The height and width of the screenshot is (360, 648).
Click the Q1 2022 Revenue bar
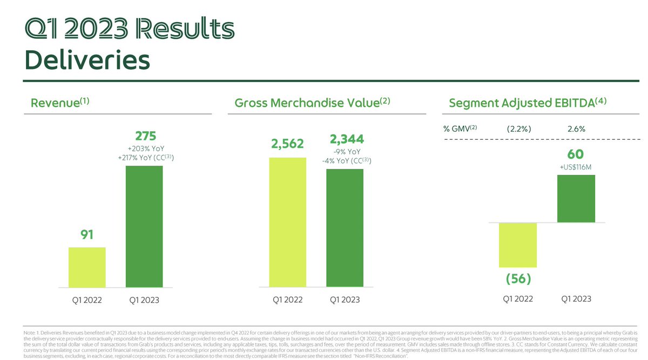(87, 267)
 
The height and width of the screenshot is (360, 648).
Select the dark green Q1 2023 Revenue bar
(144, 226)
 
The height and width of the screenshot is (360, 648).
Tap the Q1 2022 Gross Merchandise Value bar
(287, 222)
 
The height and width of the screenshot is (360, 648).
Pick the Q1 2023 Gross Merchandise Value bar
(345, 228)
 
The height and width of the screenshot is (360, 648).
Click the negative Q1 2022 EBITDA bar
(518, 244)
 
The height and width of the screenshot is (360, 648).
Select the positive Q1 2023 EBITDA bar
(576, 199)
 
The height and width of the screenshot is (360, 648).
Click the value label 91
(87, 235)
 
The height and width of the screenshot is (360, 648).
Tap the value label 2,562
(287, 144)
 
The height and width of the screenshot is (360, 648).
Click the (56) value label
(518, 279)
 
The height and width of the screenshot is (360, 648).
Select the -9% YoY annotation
(346, 152)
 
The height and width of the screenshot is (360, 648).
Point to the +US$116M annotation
(576, 167)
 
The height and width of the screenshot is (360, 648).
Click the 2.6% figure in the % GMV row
(576, 129)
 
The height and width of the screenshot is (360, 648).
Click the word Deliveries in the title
(87, 60)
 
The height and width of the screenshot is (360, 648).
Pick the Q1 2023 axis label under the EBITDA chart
(576, 298)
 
